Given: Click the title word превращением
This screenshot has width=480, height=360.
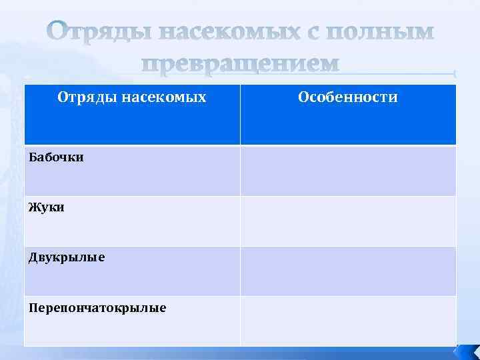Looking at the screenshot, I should [x=241, y=63].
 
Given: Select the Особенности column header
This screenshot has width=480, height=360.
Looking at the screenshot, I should [x=348, y=97].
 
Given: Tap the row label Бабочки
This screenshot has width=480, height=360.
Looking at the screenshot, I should [x=56, y=159].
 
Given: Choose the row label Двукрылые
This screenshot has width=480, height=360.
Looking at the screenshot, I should [x=67, y=257].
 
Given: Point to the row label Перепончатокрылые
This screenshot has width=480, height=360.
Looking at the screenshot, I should [x=97, y=307].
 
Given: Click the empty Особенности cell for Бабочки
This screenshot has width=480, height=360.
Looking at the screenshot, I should [x=348, y=171].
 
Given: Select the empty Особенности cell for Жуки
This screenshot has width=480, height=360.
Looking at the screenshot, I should [x=348, y=221].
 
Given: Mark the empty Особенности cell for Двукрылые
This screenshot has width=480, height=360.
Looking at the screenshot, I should [x=348, y=271].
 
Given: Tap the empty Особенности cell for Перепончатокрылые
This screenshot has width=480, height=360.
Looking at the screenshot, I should [x=348, y=321].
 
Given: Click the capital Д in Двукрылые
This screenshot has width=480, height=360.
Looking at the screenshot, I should [x=33, y=257].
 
